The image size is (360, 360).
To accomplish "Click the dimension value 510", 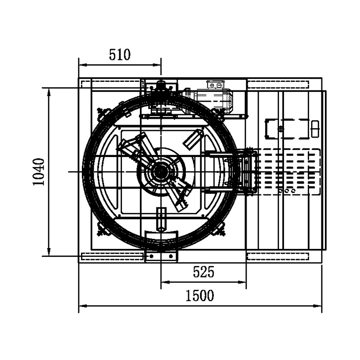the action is pos(120,54).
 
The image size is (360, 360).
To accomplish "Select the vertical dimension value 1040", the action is pos(39,172).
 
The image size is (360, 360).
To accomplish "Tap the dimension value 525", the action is pos(203,272).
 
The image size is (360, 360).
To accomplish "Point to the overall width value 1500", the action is pos(199,296).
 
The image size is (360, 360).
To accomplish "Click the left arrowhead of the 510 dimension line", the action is pos(83,65).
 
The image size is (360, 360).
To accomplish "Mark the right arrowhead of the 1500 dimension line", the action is pos(318,306).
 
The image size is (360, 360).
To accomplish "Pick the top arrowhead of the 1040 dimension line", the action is pos(49,92).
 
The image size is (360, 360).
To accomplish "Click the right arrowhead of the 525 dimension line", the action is pos(242,282).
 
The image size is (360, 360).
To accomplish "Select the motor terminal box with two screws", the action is pos(215,85).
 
